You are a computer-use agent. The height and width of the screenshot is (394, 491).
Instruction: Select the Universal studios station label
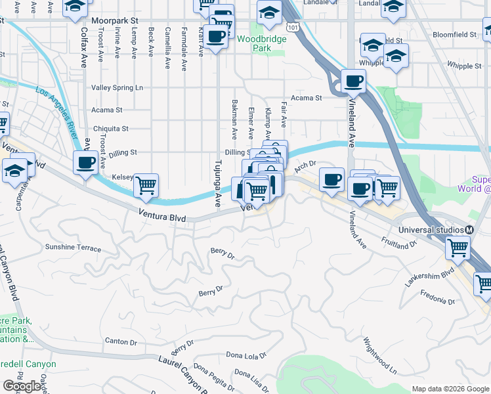point(432,230)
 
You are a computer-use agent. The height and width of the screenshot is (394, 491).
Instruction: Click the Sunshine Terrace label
point(73,248)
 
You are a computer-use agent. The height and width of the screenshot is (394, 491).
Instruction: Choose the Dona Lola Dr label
point(246,355)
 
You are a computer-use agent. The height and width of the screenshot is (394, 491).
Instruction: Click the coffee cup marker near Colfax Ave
point(86,162)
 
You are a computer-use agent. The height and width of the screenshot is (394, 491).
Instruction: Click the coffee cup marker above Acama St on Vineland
point(354,81)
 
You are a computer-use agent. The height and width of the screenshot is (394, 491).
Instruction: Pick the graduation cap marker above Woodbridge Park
point(269,13)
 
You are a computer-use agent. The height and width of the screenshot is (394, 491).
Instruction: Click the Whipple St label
point(463,66)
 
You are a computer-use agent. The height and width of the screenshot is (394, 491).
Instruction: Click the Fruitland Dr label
point(399,244)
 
